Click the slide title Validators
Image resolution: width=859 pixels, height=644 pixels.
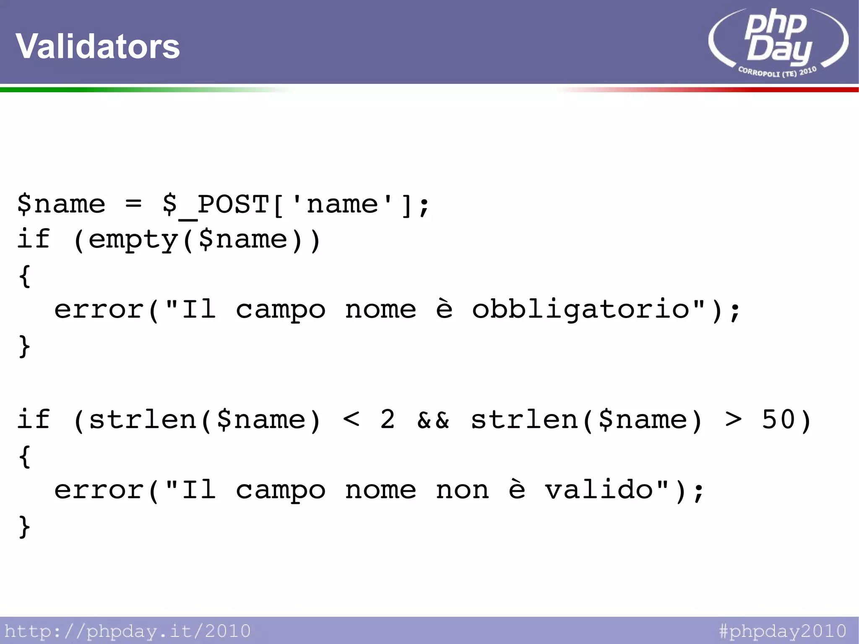pyautogui.click(x=98, y=46)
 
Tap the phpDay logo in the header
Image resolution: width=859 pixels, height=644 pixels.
pyautogui.click(x=778, y=40)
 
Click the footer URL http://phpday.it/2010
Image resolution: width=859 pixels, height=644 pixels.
pyautogui.click(x=128, y=631)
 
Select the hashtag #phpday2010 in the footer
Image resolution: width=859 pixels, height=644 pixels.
pyautogui.click(x=783, y=631)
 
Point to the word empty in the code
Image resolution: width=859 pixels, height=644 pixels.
pyautogui.click(x=133, y=240)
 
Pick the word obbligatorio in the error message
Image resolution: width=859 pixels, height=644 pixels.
pyautogui.click(x=581, y=310)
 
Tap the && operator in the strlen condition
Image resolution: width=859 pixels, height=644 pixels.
pyautogui.click(x=433, y=420)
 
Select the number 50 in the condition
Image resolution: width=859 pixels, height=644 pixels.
pyautogui.click(x=778, y=420)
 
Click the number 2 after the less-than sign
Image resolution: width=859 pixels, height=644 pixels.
pyautogui.click(x=388, y=420)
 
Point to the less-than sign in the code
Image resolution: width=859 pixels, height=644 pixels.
pyautogui.click(x=351, y=420)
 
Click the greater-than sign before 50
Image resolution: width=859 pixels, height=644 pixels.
pyautogui.click(x=733, y=420)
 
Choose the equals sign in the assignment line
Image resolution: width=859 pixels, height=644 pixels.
pyautogui.click(x=133, y=205)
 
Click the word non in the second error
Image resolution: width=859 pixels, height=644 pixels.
pyautogui.click(x=462, y=490)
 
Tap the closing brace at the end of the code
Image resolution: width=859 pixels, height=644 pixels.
pyautogui.click(x=24, y=527)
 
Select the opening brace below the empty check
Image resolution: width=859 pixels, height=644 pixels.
pyautogui.click(x=24, y=276)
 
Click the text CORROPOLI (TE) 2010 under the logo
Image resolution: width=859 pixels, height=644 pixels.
pyautogui.click(x=777, y=72)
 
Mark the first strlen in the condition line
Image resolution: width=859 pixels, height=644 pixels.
pyautogui.click(x=143, y=420)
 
